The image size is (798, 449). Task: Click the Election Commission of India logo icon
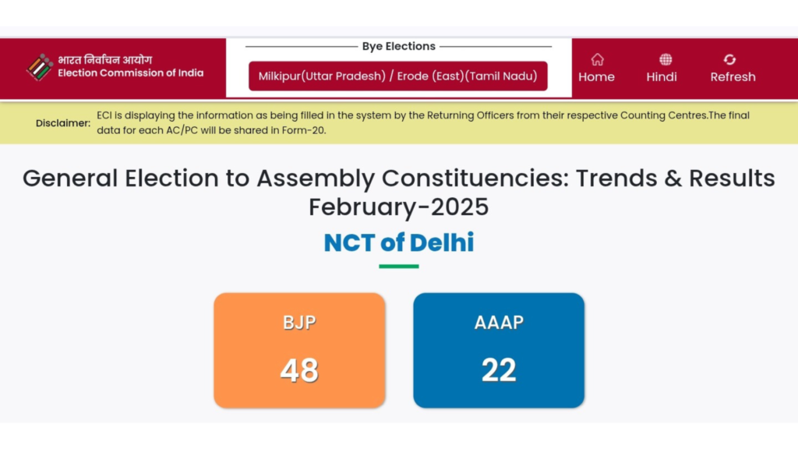pyautogui.click(x=39, y=67)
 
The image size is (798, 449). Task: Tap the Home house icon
pyautogui.click(x=597, y=59)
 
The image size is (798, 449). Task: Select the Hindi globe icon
pyautogui.click(x=665, y=59)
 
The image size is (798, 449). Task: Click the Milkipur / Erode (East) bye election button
pyautogui.click(x=397, y=76)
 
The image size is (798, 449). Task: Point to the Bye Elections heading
pyautogui.click(x=398, y=47)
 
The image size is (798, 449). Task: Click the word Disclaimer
pyautogui.click(x=63, y=123)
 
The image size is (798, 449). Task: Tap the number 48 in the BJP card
pyautogui.click(x=299, y=369)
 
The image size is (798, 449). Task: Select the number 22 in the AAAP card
pyautogui.click(x=499, y=369)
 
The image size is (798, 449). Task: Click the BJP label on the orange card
pyautogui.click(x=299, y=322)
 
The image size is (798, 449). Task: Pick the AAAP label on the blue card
pyautogui.click(x=499, y=322)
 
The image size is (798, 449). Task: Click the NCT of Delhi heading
pyautogui.click(x=399, y=242)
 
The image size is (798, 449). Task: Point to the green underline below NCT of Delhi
pyautogui.click(x=399, y=267)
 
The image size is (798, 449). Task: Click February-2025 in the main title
pyautogui.click(x=399, y=207)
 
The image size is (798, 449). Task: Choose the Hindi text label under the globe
pyautogui.click(x=662, y=77)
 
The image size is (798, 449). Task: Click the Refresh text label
pyautogui.click(x=733, y=77)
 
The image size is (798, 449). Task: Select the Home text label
pyautogui.click(x=596, y=77)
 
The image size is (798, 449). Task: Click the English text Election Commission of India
pyautogui.click(x=130, y=73)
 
